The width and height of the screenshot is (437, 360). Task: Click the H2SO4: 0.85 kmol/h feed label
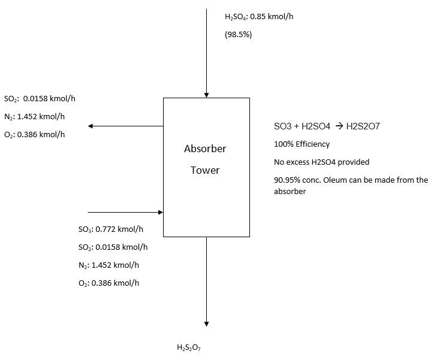click(258, 17)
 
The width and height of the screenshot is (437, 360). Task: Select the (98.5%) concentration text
click(238, 35)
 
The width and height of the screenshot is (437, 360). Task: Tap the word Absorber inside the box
click(205, 149)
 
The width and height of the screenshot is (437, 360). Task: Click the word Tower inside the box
click(205, 170)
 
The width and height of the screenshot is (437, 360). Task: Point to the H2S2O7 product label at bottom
click(189, 347)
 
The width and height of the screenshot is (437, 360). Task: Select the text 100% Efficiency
click(302, 144)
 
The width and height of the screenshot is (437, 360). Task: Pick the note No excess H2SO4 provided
click(321, 162)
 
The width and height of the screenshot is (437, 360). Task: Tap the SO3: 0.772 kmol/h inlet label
click(110, 229)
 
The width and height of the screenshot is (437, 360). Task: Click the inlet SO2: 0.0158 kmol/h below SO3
click(113, 247)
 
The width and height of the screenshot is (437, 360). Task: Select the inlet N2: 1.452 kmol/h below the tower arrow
click(109, 265)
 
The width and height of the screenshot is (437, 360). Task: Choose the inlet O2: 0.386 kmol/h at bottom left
click(109, 283)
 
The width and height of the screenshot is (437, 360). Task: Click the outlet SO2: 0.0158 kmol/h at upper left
click(40, 99)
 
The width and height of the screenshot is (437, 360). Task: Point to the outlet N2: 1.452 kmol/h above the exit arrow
click(35, 116)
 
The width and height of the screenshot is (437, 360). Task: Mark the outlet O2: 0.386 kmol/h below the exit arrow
click(35, 134)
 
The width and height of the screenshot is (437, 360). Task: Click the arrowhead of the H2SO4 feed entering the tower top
click(206, 94)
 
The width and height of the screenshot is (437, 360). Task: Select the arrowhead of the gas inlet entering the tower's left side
click(160, 212)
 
